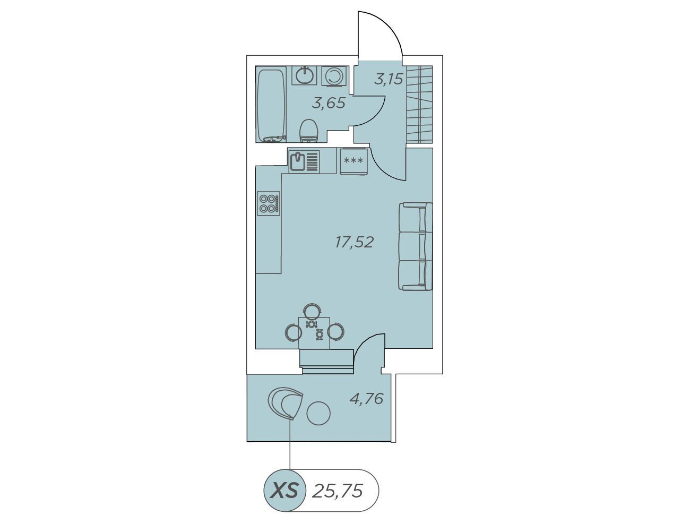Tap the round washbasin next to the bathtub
tap(304, 75)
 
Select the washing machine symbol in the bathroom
tap(334, 76)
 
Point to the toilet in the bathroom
tap(309, 131)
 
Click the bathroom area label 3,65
tap(329, 103)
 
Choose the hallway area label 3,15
tap(389, 80)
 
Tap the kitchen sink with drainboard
tap(304, 161)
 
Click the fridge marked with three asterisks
tap(354, 161)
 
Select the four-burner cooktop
tap(269, 203)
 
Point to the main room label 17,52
tap(354, 242)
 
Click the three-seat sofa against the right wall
tap(416, 246)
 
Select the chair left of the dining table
tap(292, 332)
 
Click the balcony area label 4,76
tap(366, 399)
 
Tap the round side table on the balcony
tap(318, 414)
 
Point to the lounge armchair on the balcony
tap(285, 404)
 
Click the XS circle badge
tap(284, 490)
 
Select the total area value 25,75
tap(337, 491)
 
